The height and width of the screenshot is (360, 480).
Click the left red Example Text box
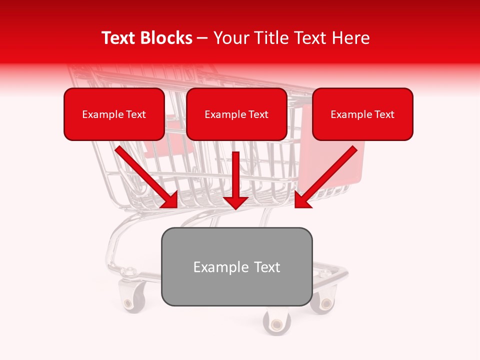(114, 114)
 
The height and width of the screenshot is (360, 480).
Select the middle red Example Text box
(236, 114)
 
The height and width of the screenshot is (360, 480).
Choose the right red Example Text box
(362, 114)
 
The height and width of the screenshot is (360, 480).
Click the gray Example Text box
(236, 267)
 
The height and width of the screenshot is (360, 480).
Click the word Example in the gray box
(214, 267)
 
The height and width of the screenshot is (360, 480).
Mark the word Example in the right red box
(348, 114)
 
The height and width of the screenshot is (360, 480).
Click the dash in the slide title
(202, 38)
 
